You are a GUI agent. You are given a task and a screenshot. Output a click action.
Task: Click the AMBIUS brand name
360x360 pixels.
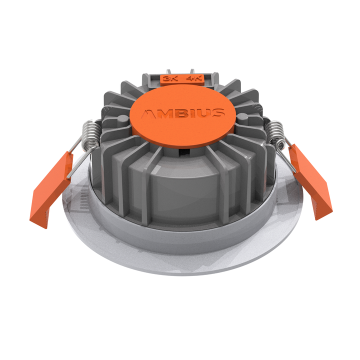point(182,113)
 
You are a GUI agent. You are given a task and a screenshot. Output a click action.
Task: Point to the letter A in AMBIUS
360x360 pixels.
point(147,114)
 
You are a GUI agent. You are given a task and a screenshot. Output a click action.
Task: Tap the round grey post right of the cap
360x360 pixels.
point(243,118)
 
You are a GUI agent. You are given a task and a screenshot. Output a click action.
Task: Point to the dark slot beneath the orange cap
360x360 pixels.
point(184,149)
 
